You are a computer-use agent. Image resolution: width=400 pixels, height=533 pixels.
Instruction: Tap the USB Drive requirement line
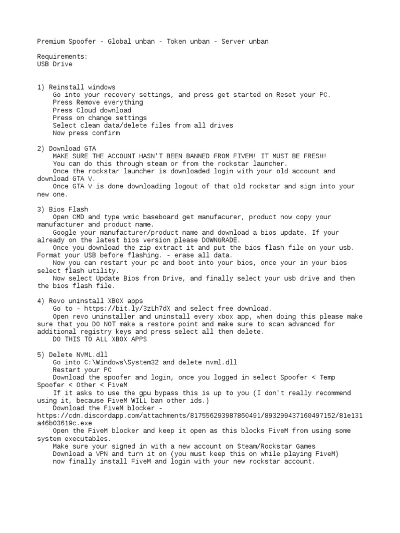(55, 64)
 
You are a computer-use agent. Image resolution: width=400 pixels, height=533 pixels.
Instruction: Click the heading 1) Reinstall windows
(76, 87)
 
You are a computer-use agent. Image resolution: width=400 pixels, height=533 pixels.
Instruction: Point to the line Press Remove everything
(90, 103)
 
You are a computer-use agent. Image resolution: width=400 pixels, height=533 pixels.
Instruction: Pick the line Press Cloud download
(92, 110)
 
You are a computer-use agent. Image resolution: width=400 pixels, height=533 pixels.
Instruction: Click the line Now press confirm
(86, 133)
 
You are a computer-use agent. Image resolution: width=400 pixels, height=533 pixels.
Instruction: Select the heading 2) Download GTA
(66, 148)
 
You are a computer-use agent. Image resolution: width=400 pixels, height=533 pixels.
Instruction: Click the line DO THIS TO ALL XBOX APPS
(100, 339)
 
